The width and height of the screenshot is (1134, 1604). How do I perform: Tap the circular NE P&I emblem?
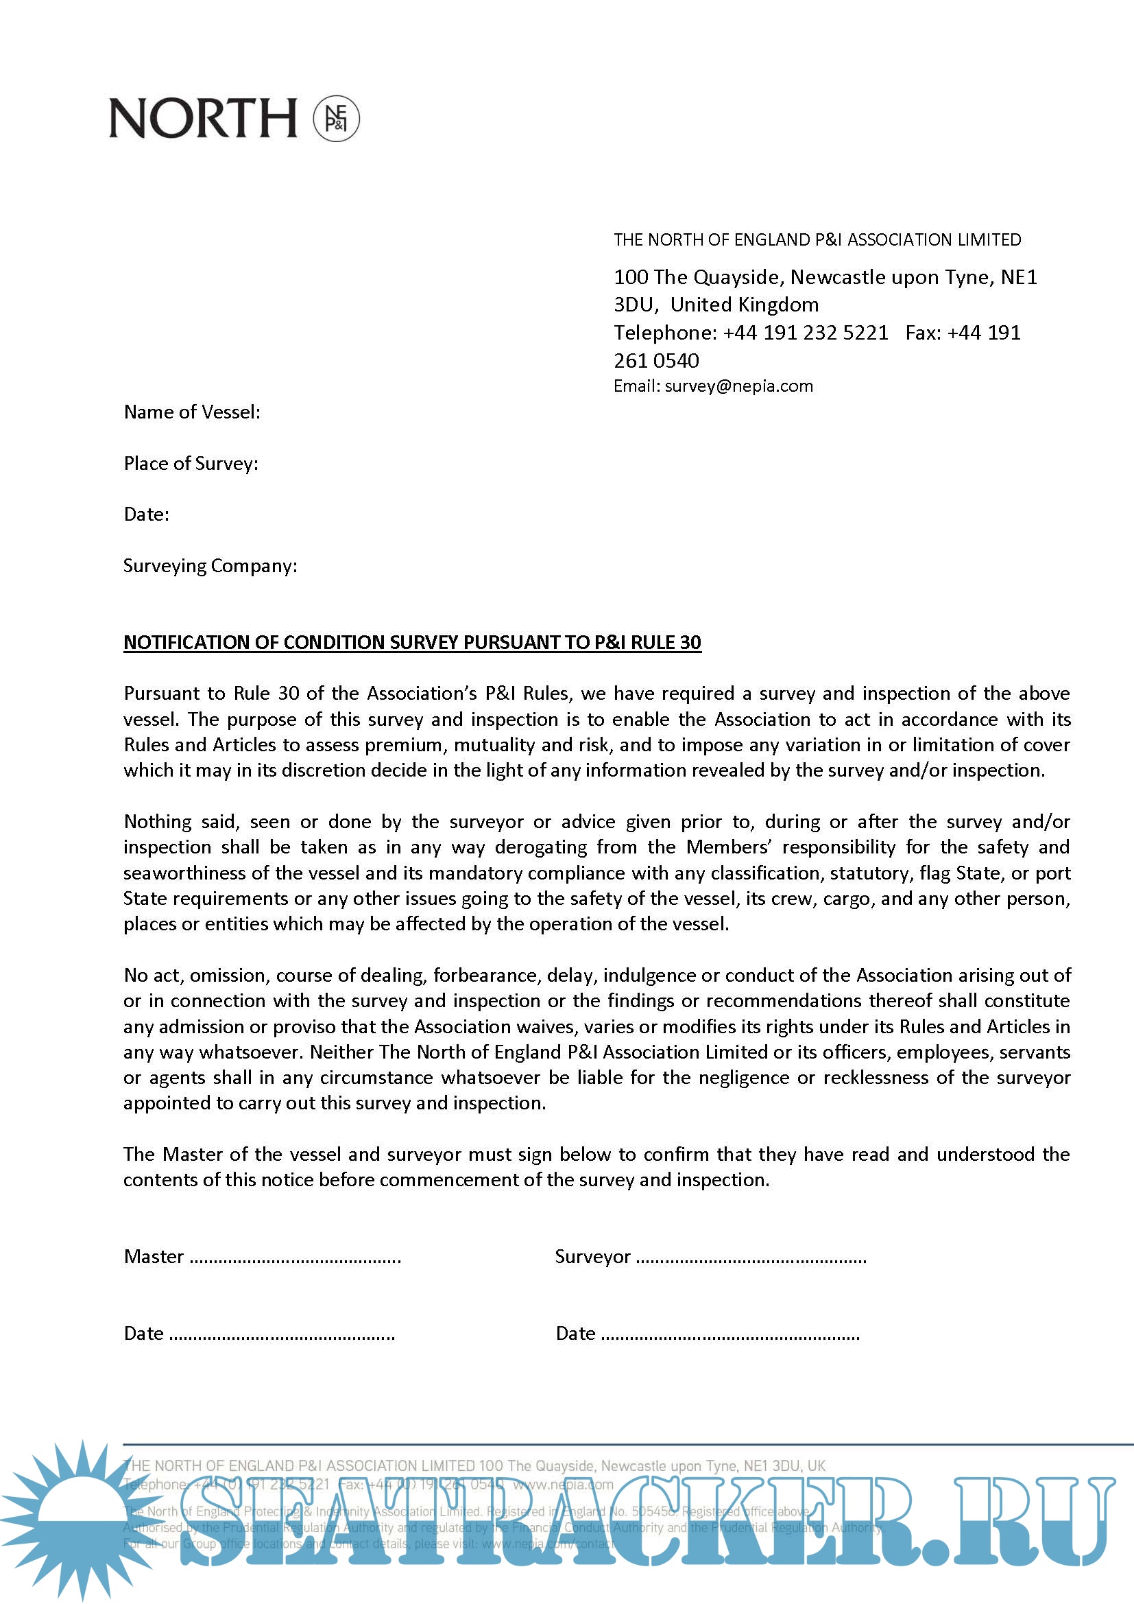pyautogui.click(x=336, y=118)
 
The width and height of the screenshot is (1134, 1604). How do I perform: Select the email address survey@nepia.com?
pyautogui.click(x=739, y=386)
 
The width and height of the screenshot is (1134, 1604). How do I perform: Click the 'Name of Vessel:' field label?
pyautogui.click(x=192, y=412)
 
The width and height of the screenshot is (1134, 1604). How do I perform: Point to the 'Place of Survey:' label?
pyautogui.click(x=191, y=464)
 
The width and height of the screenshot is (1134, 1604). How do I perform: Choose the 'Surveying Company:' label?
pyautogui.click(x=210, y=566)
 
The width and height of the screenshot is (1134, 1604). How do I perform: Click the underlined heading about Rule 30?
pyautogui.click(x=412, y=643)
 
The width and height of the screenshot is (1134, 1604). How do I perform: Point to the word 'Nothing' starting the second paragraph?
pyautogui.click(x=158, y=823)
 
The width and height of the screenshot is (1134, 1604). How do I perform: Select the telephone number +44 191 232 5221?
pyautogui.click(x=806, y=333)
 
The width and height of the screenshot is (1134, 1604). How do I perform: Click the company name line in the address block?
pyautogui.click(x=817, y=240)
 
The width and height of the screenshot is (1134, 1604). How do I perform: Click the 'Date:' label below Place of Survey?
pyautogui.click(x=147, y=515)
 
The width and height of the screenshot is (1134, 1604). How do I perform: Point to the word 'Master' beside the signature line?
pyautogui.click(x=154, y=1258)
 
